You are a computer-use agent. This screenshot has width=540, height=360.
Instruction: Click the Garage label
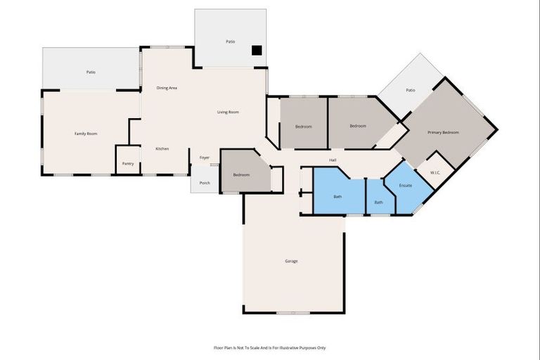tap(291, 262)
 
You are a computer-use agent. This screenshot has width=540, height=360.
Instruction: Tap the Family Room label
tap(86, 134)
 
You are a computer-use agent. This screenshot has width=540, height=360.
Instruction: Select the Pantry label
tap(128, 164)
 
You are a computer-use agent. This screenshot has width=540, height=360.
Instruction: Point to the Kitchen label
tap(162, 149)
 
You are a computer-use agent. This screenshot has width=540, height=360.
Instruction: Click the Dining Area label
tap(167, 88)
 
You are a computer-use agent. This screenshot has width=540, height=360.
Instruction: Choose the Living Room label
tap(228, 112)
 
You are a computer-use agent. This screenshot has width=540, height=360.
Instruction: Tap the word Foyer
tap(205, 157)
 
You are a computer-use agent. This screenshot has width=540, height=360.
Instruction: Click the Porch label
tap(205, 183)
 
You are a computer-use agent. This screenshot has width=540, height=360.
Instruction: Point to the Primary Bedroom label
tap(443, 132)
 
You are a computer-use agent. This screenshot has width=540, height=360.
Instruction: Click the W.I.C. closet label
tap(436, 172)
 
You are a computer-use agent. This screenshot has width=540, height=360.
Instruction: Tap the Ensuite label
tap(406, 185)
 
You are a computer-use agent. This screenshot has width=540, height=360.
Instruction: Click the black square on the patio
tap(257, 50)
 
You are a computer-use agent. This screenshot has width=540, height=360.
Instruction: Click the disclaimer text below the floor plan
tap(270, 347)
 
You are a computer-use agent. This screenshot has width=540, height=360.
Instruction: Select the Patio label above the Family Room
tap(91, 72)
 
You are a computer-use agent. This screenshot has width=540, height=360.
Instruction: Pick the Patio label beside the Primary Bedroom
tap(411, 90)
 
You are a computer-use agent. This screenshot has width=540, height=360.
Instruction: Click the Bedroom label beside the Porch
tap(241, 174)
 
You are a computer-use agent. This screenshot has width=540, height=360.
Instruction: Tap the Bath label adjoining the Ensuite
tap(379, 202)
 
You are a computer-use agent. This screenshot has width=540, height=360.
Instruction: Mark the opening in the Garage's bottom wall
tap(293, 313)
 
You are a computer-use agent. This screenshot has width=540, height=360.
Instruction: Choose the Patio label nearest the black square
tap(230, 42)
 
